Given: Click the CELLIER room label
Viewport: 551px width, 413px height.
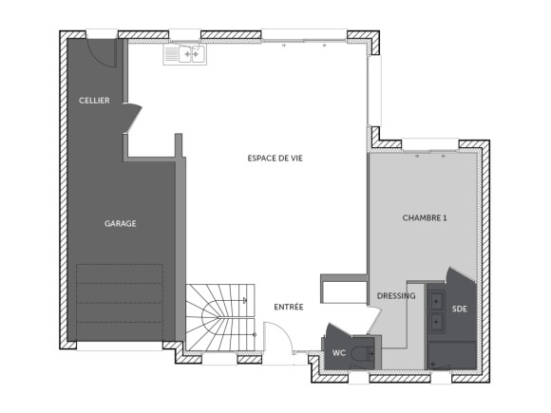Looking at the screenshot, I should [x=94, y=101].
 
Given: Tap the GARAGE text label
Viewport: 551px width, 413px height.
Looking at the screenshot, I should [x=121, y=223].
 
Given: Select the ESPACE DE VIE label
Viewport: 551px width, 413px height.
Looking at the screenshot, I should [x=275, y=158].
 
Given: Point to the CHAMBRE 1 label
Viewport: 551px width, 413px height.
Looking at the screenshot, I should [x=424, y=218].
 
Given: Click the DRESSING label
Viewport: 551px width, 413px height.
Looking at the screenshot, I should [x=396, y=295].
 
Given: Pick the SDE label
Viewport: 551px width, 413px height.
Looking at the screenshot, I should [x=459, y=309].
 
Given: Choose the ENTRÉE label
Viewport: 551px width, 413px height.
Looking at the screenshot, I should [x=289, y=307].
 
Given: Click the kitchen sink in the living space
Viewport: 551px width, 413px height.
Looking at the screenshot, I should [x=184, y=56].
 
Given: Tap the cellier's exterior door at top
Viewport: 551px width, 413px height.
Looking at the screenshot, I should [x=102, y=53].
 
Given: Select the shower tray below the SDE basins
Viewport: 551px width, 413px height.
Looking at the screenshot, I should [x=447, y=355].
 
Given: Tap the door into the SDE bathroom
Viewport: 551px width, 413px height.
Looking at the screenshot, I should [x=459, y=281].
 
